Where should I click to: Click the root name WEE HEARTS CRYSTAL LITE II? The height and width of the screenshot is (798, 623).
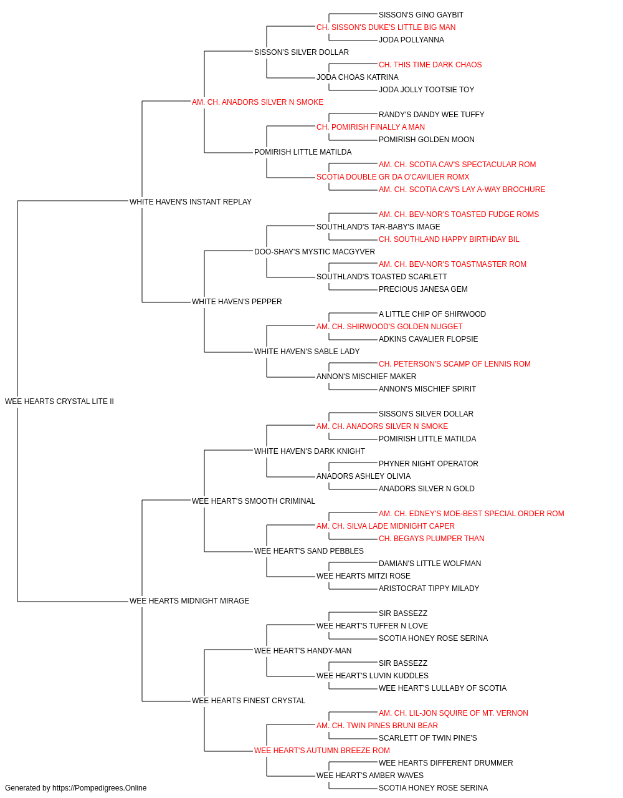59,401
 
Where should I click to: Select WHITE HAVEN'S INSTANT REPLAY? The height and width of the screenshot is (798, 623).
191,202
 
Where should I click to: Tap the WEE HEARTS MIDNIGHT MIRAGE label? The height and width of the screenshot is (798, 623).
189,601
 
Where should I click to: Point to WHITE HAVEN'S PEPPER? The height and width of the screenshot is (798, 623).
237,302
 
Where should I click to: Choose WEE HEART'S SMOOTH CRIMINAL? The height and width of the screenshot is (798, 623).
254,501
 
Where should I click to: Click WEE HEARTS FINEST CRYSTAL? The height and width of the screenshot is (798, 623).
249,701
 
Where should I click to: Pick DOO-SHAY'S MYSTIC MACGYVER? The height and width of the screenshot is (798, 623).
315,252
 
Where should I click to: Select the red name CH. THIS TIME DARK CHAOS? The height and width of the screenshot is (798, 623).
430,65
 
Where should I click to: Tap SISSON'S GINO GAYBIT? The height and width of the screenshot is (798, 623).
421,15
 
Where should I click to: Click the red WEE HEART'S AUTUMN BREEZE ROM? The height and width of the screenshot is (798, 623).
321,751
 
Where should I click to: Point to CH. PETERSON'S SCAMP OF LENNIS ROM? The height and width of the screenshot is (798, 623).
455,364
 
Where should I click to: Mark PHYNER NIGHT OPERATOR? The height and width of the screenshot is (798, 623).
428,464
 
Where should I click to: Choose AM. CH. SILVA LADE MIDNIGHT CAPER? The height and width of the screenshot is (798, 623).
385,526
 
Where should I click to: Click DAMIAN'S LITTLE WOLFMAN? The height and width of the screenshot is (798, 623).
430,564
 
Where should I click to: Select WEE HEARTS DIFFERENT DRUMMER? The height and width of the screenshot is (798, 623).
446,763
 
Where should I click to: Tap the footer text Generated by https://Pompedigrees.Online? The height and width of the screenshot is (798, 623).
75,788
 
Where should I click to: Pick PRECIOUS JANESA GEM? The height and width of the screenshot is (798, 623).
423,289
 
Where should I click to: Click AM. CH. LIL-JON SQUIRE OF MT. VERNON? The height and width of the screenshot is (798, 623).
453,713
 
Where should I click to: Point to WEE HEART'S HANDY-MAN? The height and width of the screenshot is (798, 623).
303,651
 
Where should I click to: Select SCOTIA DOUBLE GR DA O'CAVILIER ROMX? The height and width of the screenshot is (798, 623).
393,177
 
